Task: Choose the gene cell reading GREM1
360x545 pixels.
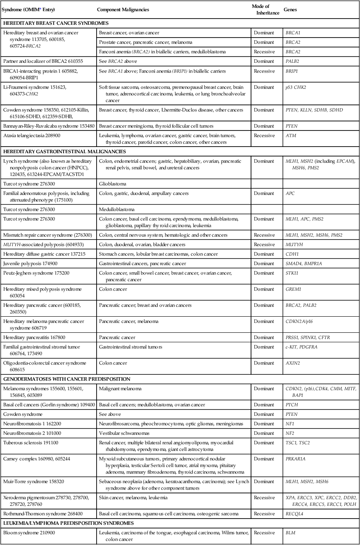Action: pyautogui.click(x=293, y=289)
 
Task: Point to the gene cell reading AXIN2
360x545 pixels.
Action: pyautogui.click(x=292, y=363)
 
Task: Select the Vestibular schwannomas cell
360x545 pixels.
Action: pyautogui.click(x=123, y=433)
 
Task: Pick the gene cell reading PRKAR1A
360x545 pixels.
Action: pyautogui.click(x=297, y=458)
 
